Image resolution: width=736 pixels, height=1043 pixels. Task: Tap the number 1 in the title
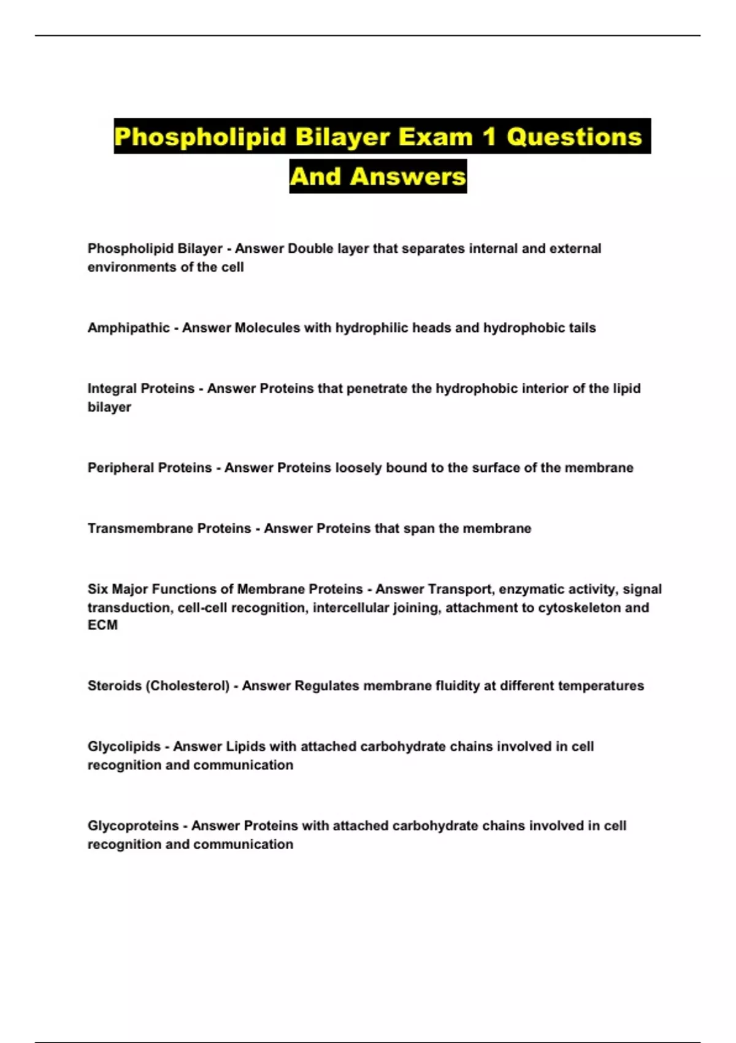(x=489, y=136)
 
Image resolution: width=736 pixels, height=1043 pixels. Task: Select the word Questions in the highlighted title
(x=574, y=136)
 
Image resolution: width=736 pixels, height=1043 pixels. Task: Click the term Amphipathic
(x=128, y=328)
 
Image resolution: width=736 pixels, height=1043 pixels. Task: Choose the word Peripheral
(x=118, y=468)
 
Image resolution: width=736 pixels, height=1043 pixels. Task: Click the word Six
(x=98, y=589)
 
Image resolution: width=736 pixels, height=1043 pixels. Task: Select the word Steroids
(x=115, y=685)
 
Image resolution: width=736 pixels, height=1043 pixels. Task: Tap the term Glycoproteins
(x=133, y=826)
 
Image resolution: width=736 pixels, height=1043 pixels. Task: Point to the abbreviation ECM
(x=102, y=625)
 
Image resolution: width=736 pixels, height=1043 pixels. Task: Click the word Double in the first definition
(x=310, y=248)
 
